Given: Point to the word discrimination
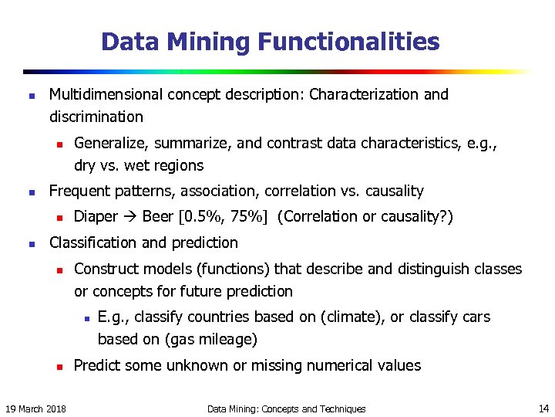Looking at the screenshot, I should tap(96, 117).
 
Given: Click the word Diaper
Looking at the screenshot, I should tap(96, 217).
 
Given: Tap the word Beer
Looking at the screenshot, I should tap(158, 217).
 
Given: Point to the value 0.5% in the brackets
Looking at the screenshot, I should tap(203, 217).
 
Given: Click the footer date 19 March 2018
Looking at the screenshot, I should tap(35, 409).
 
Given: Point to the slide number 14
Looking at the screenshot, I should tap(543, 408).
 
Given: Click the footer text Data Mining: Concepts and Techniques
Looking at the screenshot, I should tap(287, 409).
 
